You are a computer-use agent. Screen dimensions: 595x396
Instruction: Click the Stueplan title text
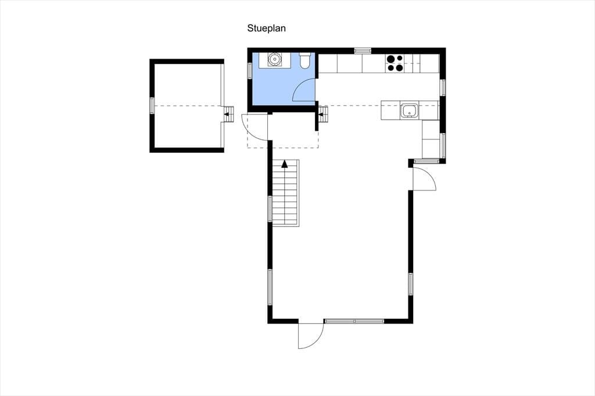(x=266, y=28)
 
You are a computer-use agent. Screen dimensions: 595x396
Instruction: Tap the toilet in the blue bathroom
(x=304, y=62)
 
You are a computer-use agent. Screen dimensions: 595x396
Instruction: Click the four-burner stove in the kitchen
(x=395, y=63)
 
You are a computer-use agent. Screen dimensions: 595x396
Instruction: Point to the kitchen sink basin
(x=410, y=111)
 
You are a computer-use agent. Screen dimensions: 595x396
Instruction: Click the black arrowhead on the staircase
(x=285, y=164)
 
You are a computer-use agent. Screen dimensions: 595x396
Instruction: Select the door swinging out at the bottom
(x=310, y=336)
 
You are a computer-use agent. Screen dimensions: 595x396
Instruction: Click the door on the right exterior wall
(x=424, y=178)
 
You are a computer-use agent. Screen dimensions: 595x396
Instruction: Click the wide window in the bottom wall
(x=354, y=321)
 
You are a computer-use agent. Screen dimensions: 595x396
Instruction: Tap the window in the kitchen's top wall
(x=363, y=50)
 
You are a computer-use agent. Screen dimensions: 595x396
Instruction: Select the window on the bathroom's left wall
(x=250, y=71)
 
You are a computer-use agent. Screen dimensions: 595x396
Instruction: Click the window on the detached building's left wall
(x=152, y=106)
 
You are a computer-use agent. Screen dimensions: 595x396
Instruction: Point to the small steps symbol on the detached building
(x=228, y=114)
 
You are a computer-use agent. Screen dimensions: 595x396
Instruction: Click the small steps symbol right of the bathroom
(x=322, y=114)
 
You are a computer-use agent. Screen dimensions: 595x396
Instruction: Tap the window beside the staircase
(x=270, y=208)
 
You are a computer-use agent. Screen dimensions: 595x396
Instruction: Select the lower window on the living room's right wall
(x=411, y=284)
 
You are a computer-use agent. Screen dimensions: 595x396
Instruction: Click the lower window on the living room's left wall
(x=270, y=287)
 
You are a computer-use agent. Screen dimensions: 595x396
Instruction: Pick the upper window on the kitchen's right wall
(x=443, y=87)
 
